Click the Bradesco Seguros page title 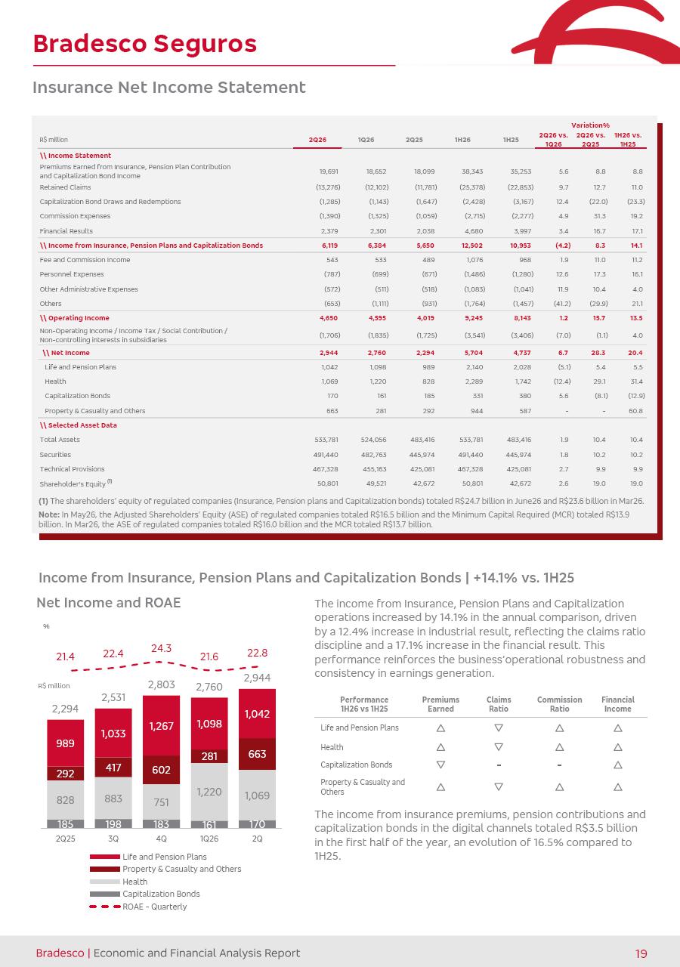[144, 44]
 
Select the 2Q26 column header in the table [317, 140]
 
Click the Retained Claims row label [65, 187]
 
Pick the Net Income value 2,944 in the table [329, 353]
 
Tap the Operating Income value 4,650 [329, 318]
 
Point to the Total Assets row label [60, 440]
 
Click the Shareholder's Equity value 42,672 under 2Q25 [424, 483]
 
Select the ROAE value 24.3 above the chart [161, 648]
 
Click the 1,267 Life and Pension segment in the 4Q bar [161, 726]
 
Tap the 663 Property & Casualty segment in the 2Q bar [257, 754]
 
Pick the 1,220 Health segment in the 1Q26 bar [209, 792]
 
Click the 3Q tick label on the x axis [113, 839]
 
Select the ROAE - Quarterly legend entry [138, 907]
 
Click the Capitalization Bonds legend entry [144, 894]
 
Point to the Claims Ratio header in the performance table [499, 704]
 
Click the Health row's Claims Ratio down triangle [499, 746]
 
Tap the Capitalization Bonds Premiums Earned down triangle [440, 765]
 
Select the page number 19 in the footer [641, 953]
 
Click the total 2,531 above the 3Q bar [113, 697]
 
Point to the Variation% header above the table [590, 125]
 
